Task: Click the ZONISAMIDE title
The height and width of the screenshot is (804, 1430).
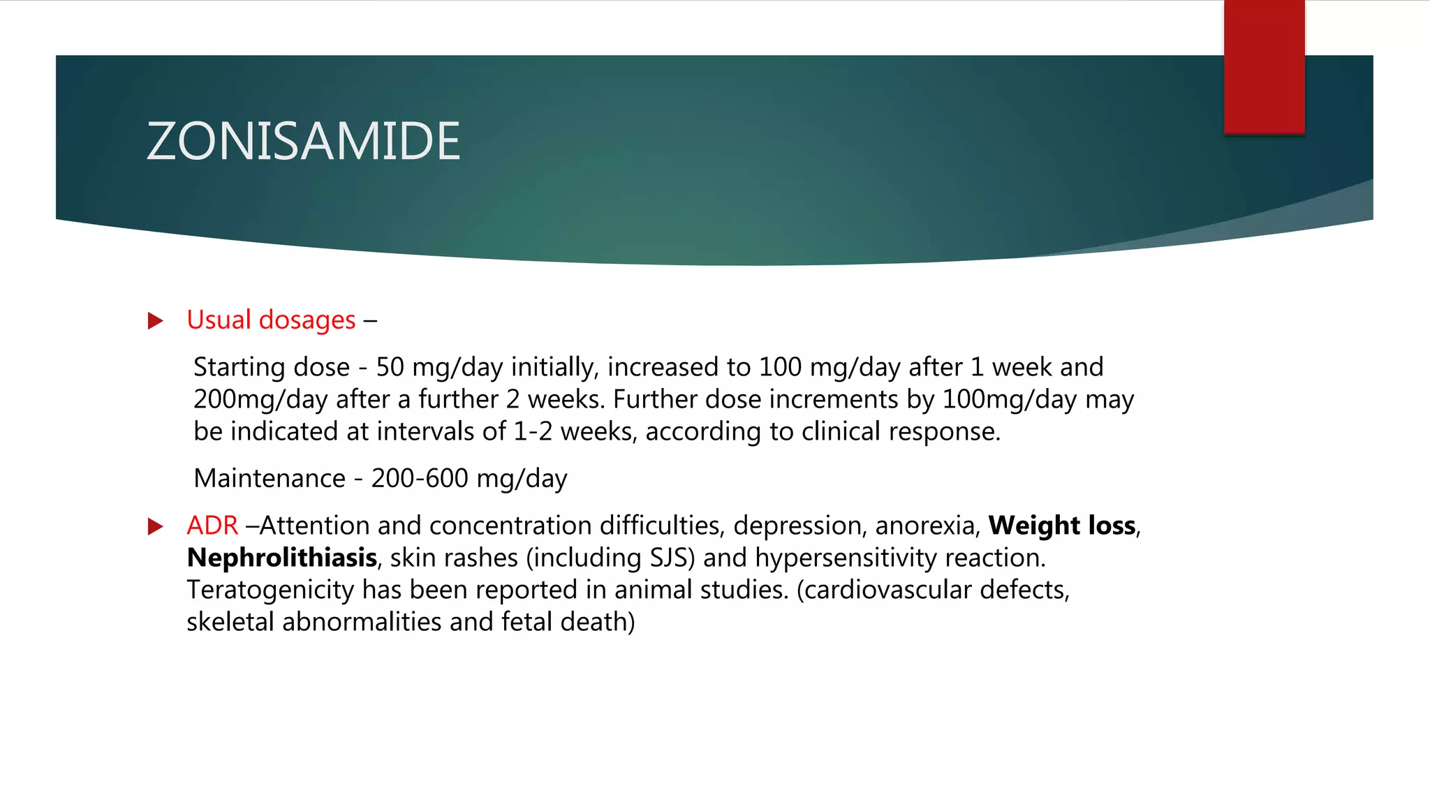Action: point(303,141)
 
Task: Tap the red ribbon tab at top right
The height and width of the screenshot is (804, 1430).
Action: point(1264,66)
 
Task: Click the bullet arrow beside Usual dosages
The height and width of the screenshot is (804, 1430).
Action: point(156,320)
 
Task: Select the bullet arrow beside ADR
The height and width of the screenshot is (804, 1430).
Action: point(156,526)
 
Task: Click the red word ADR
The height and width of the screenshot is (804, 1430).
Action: point(212,526)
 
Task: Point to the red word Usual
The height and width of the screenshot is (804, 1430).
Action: point(219,320)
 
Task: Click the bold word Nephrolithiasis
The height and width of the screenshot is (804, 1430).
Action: point(282,558)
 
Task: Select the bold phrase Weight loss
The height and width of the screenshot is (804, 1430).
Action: point(1061,526)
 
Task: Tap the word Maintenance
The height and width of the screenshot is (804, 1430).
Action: point(270,478)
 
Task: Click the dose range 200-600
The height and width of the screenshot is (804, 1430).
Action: point(419,478)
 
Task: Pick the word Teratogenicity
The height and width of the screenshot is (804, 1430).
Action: point(270,590)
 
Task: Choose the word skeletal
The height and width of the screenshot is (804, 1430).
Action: point(230,622)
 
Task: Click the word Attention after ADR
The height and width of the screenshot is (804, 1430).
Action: point(315,526)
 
